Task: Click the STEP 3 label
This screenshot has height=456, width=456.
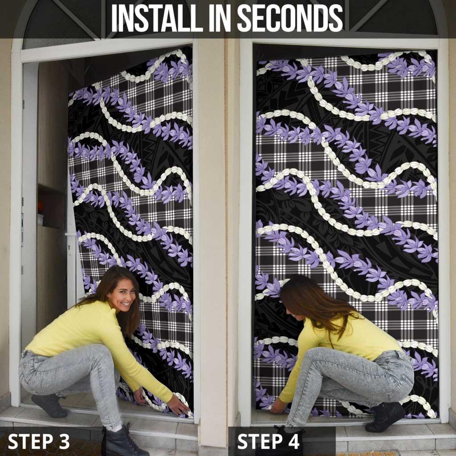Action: (x=39, y=441)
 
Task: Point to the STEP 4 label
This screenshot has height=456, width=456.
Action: (x=269, y=441)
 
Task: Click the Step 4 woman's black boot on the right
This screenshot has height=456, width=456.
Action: (x=385, y=416)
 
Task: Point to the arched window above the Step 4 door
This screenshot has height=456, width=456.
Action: (x=392, y=20)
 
